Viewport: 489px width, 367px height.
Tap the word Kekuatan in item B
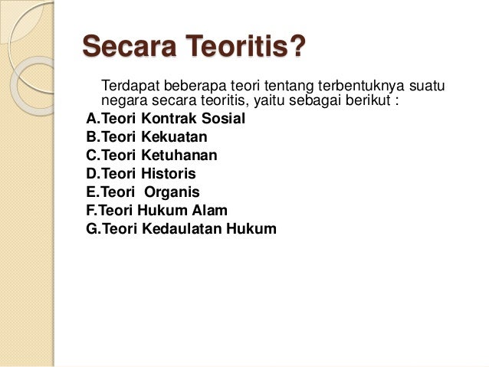[175, 137]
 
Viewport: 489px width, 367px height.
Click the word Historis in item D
[169, 174]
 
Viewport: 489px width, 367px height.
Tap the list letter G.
[92, 228]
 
